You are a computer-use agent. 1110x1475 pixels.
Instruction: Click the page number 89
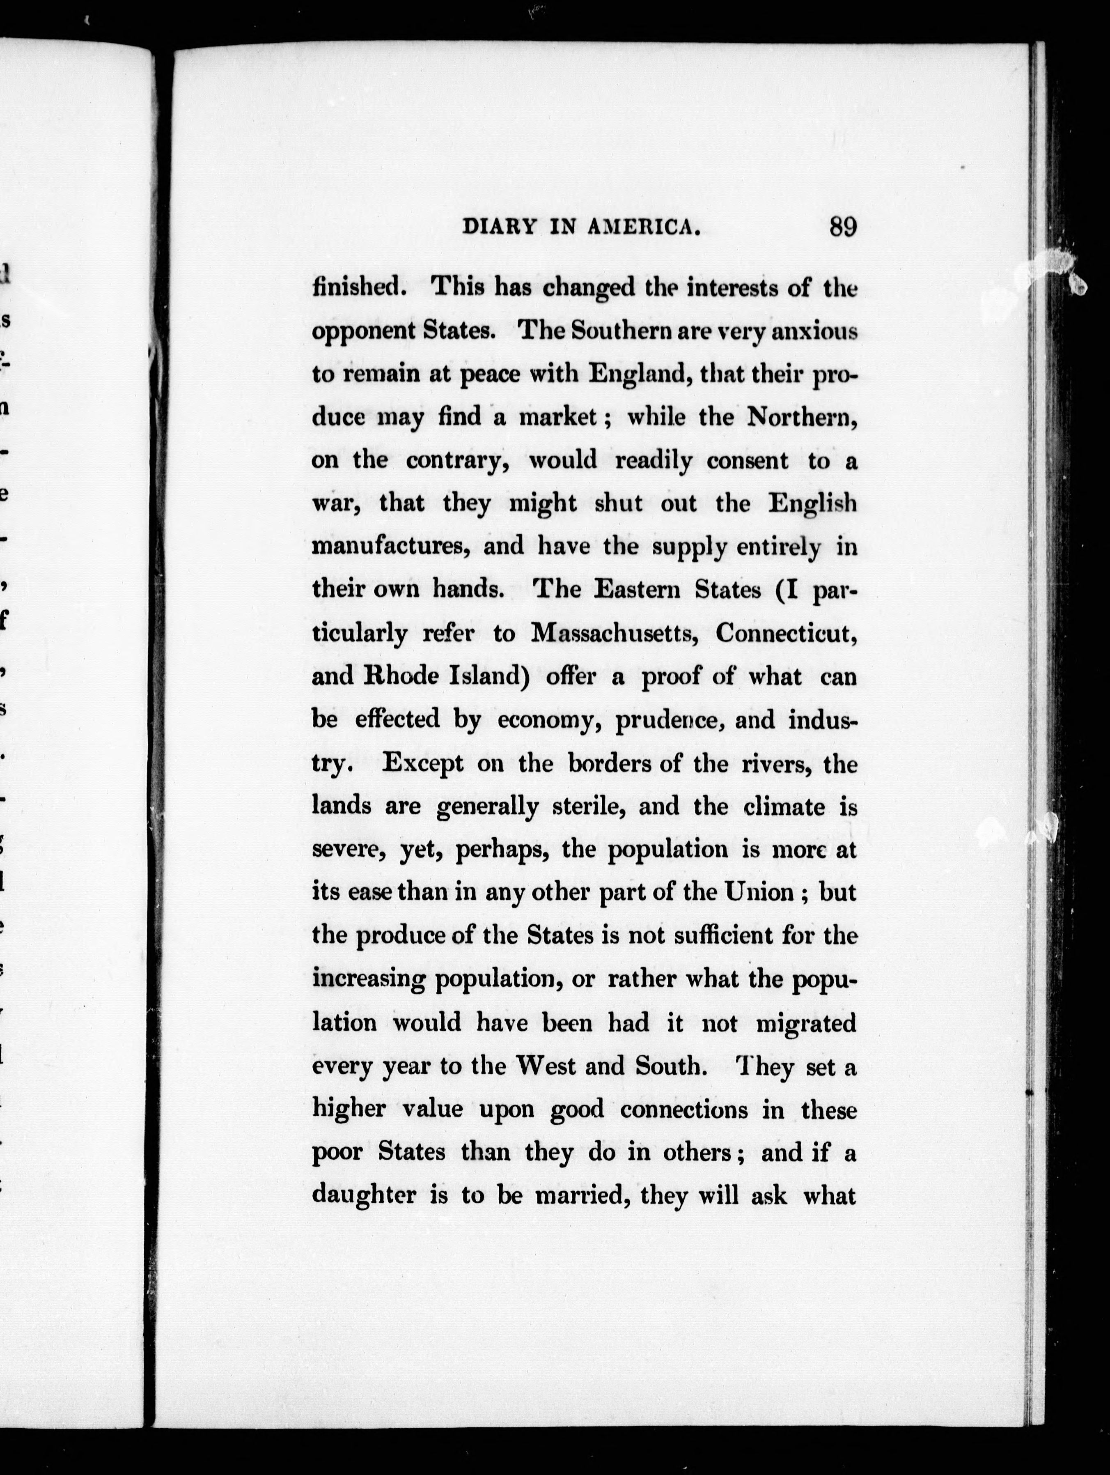click(843, 227)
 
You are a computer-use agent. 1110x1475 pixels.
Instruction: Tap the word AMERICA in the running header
click(643, 228)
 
